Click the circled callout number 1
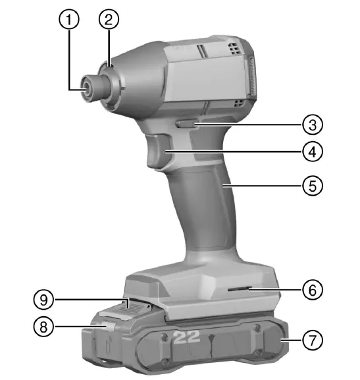coord(69,19)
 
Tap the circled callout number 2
coord(109,19)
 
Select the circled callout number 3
coord(313,125)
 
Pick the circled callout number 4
coord(313,151)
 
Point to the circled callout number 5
coord(313,186)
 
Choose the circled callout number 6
coord(313,289)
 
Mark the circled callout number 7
coord(313,340)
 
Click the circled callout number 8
coord(43,327)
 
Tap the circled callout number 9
coord(43,300)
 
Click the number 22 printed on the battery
coord(187,337)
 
